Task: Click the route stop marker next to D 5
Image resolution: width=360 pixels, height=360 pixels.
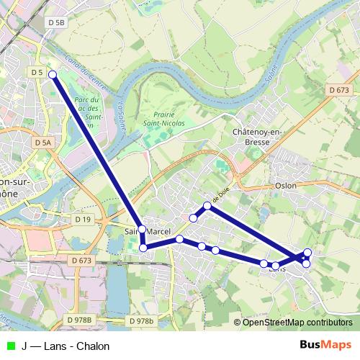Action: coord(53,73)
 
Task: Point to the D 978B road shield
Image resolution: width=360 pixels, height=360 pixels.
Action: coord(79,320)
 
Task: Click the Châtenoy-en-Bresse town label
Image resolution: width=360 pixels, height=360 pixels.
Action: coord(256,138)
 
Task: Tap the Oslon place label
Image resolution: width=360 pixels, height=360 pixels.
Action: coord(285,185)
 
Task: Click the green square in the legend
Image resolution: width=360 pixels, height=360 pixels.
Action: coord(9,346)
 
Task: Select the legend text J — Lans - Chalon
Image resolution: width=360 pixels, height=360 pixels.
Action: coord(66,346)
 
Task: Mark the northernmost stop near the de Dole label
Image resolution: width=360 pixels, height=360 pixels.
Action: coord(207,207)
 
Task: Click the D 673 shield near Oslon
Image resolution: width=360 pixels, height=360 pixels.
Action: coord(338,91)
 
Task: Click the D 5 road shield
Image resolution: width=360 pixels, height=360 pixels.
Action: coord(37,73)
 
